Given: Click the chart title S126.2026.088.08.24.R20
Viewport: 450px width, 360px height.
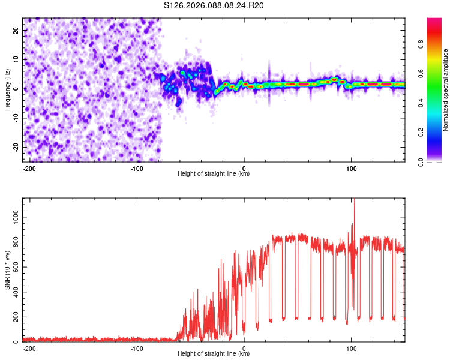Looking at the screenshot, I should click(214, 6).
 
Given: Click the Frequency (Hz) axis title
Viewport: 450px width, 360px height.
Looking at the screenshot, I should click(7, 90).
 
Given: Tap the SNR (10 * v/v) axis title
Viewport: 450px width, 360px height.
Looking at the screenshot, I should click(7, 270).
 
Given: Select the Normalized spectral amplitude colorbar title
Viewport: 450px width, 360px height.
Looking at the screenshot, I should click(446, 90).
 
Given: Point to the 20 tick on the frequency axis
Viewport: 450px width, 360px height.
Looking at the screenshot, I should click(16, 30).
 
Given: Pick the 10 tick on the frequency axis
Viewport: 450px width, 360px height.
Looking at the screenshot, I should click(16, 59).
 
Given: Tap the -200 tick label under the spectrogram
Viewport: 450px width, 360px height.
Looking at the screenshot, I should click(29, 168).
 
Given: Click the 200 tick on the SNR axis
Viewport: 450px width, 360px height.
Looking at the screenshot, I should click(14, 316).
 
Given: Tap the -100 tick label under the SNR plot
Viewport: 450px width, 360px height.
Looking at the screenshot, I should click(136, 348).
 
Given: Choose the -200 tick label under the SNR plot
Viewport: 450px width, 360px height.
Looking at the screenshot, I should click(29, 348).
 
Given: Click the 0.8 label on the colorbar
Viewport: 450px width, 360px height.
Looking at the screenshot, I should click(421, 43).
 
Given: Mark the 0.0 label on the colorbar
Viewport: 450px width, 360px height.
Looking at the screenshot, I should click(421, 161).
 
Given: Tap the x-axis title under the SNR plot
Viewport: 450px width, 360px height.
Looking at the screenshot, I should click(214, 354).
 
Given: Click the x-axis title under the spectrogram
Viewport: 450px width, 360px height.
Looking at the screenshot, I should click(214, 174).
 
